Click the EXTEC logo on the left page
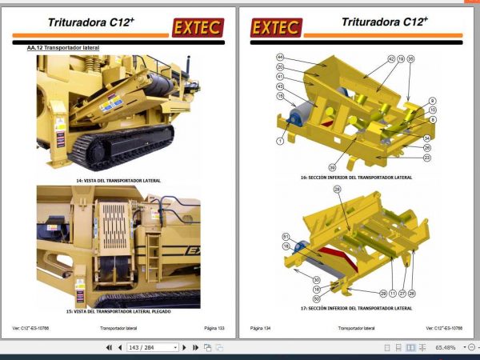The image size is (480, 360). point(198,28)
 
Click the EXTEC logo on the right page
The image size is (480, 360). point(276,28)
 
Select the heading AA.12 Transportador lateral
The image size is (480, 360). point(63,48)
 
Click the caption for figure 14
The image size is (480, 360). point(118,181)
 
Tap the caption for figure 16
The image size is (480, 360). point(356,177)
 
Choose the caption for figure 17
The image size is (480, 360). point(356,308)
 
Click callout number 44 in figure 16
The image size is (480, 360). point(280,58)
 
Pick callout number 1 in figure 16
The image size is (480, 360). point(281,141)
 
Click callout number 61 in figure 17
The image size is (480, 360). point(285,236)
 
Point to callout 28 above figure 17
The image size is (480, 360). point(337,189)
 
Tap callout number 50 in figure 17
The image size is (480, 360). point(317,298)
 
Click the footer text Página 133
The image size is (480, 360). point(214,328)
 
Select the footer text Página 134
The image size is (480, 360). point(262,328)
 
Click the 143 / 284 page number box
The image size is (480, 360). point(152,348)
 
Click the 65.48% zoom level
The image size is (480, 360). point(445,348)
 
